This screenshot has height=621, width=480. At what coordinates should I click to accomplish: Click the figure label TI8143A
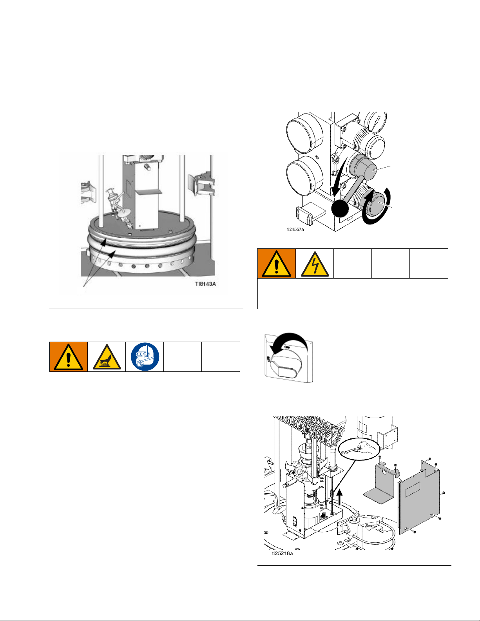pyautogui.click(x=205, y=284)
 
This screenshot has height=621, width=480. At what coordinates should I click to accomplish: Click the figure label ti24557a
pyautogui.click(x=295, y=229)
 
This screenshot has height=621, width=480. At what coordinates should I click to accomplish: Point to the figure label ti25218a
pyautogui.click(x=282, y=553)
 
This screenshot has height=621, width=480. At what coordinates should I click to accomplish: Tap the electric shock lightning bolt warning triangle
pyautogui.click(x=315, y=264)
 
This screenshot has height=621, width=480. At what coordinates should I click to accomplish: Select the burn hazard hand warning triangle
pyautogui.click(x=107, y=357)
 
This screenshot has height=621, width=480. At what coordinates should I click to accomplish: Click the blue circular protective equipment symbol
pyautogui.click(x=145, y=357)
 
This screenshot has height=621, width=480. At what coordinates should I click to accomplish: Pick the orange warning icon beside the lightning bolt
pyautogui.click(x=277, y=263)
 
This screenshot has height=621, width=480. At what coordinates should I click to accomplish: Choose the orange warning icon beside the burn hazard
pyautogui.click(x=69, y=357)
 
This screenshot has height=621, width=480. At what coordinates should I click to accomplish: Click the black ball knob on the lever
pyautogui.click(x=340, y=208)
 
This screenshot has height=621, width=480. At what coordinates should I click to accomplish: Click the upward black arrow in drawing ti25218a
pyautogui.click(x=339, y=497)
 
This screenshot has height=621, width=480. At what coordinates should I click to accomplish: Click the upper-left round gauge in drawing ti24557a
pyautogui.click(x=304, y=132)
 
